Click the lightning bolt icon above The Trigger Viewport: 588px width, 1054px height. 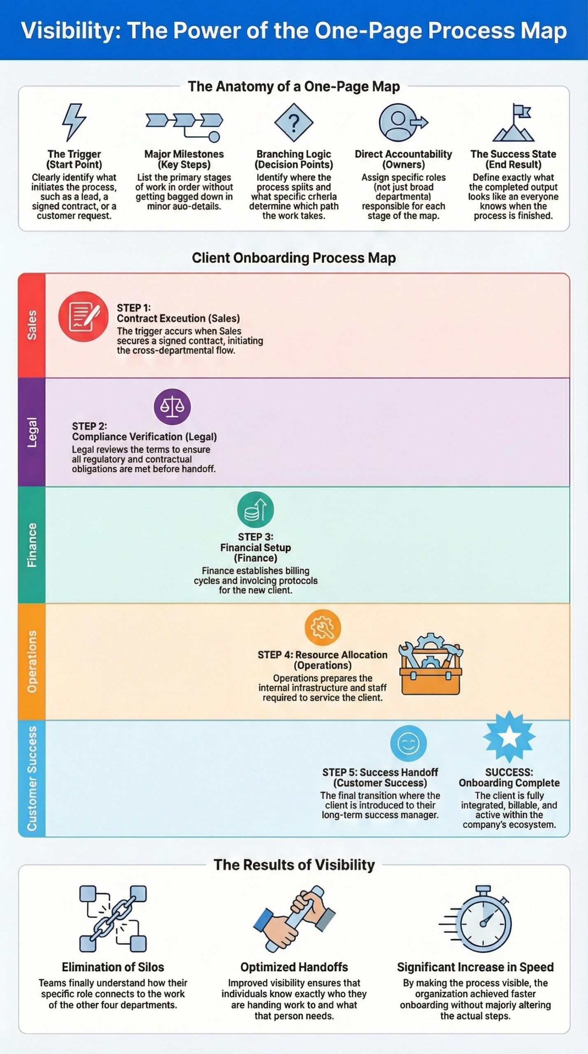pos(74,122)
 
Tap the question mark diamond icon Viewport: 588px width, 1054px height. pos(293,122)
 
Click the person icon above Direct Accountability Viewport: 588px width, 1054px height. pos(399,122)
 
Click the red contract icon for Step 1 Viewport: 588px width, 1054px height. pos(84,317)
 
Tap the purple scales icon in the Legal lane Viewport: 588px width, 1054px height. pos(172,407)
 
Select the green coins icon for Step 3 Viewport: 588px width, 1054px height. pos(256,510)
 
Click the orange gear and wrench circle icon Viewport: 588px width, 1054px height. pos(323,627)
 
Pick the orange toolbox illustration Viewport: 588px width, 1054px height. pos(430,664)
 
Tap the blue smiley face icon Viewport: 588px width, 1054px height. pos(408,744)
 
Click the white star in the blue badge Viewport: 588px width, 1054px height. pos(509,737)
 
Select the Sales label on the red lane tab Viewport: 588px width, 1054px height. pos(32,325)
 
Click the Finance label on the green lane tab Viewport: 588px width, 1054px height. pos(32,545)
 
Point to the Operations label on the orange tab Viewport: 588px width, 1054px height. pos(32,662)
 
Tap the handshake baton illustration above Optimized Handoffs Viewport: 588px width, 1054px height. pos(294,919)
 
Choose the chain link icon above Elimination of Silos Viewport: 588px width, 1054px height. pos(113,919)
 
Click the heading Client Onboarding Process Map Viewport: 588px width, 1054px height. pos(294,258)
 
